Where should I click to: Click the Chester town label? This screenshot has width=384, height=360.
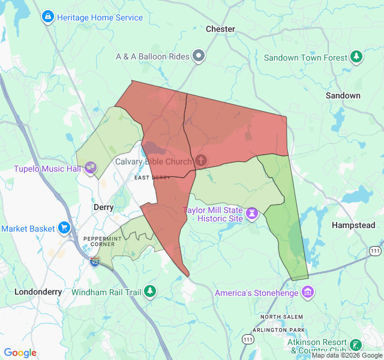(x=220, y=29)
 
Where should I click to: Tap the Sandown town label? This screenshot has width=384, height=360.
(x=343, y=95)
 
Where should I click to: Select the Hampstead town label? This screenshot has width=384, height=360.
(x=353, y=226)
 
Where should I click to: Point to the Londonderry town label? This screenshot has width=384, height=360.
(x=38, y=292)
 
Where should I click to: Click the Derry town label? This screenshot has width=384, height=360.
(x=104, y=207)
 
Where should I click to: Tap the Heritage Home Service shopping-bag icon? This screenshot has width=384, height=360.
(x=47, y=17)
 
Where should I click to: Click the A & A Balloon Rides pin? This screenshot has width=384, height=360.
(x=199, y=57)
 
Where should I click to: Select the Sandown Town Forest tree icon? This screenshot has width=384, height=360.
(x=357, y=58)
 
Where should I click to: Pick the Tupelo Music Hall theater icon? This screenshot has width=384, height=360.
(x=91, y=167)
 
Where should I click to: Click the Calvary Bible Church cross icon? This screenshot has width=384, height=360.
(x=201, y=161)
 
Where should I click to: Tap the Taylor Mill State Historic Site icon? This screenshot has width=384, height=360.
(x=253, y=214)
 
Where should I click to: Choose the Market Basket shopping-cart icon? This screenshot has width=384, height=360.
(x=64, y=228)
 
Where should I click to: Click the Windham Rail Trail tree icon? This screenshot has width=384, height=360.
(x=149, y=292)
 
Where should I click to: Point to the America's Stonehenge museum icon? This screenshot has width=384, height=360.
(x=308, y=293)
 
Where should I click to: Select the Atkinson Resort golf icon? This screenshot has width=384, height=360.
(x=356, y=345)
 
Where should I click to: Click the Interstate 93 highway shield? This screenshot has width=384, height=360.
(x=95, y=262)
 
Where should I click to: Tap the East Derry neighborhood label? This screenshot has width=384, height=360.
(x=152, y=178)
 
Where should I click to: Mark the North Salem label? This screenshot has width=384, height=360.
(x=282, y=316)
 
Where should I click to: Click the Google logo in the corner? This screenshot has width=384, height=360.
(x=20, y=353)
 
